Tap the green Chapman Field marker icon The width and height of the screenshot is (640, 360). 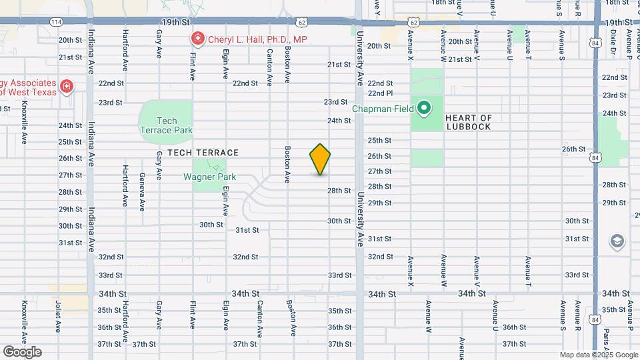point(423,107)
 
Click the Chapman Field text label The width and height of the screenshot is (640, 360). point(383,108)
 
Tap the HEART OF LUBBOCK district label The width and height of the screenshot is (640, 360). point(469,122)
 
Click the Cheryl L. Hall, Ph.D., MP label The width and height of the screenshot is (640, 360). point(257,39)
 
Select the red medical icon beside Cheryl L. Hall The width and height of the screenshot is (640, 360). point(197,39)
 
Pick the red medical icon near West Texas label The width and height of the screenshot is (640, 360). point(66,87)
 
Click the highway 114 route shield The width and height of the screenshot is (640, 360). point(56,22)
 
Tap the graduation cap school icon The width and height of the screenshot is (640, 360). point(617,241)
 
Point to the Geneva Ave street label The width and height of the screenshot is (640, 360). point(141,191)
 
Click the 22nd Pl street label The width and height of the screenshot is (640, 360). point(381,93)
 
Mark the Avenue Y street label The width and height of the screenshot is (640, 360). point(377,7)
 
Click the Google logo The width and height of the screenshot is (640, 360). point(22,352)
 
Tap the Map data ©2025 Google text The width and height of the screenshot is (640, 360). point(598,355)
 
